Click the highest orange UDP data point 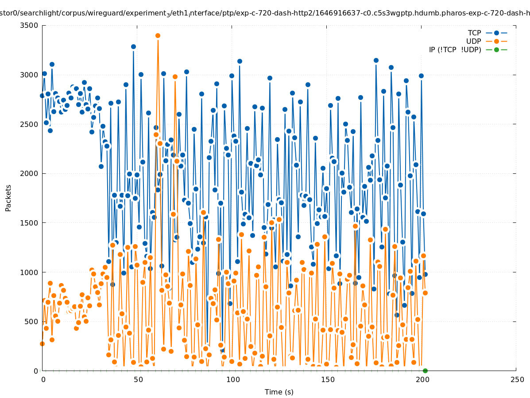click(158, 35)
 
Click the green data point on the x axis click(425, 371)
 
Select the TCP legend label click(474, 33)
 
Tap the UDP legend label click(473, 41)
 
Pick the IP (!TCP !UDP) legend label click(455, 50)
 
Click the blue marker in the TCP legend click(496, 33)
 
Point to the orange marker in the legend click(496, 41)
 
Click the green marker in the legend click(496, 50)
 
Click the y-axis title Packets click(8, 198)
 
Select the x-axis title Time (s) click(279, 392)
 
